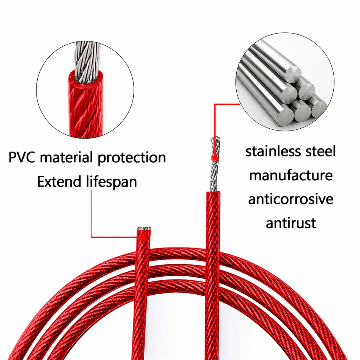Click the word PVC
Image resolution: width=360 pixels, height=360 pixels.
tap(21, 157)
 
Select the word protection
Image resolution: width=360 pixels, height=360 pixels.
tap(132, 159)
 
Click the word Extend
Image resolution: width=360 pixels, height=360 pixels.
tap(59, 182)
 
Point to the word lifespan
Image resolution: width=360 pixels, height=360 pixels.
tap(111, 182)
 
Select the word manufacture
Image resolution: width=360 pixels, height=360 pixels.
tap(291, 176)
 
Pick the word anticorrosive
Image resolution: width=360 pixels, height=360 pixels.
tap(291, 199)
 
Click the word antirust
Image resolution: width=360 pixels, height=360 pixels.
tap(291, 223)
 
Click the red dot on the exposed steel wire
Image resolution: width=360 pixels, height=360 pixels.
tap(214, 157)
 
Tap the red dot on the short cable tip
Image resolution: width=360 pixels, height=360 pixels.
tap(144, 237)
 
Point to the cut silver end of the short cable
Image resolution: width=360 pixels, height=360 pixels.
tap(144, 229)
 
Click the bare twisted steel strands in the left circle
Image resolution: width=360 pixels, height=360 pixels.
tap(88, 62)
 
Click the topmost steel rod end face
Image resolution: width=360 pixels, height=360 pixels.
tap(294, 74)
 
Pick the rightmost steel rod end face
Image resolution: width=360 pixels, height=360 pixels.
tap(319, 109)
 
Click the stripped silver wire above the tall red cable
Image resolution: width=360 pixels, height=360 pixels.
tap(216, 165)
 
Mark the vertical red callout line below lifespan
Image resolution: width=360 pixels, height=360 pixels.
tap(92, 213)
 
